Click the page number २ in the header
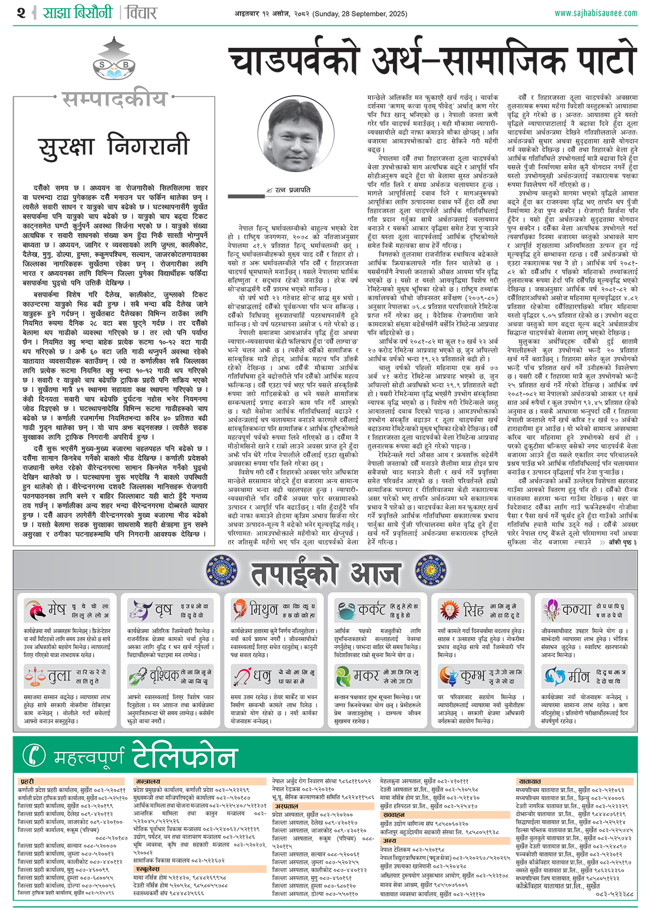(x=21, y=13)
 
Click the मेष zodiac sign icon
(x=35, y=610)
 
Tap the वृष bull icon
(x=140, y=610)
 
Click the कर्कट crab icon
(x=346, y=610)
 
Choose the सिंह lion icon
(x=449, y=610)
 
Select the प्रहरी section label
(x=27, y=781)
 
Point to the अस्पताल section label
(x=286, y=806)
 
